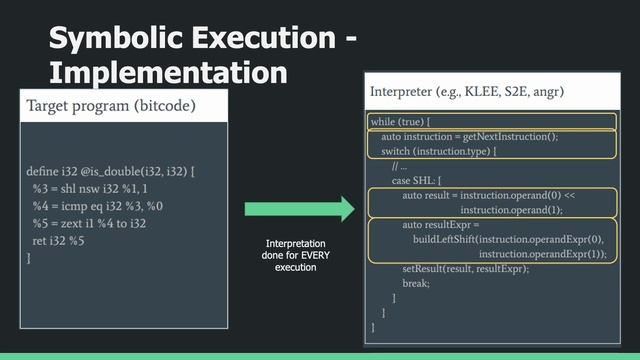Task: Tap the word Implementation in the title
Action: click(x=168, y=72)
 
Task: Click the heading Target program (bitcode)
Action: click(x=111, y=105)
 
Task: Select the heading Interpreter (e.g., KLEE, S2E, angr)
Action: click(x=467, y=92)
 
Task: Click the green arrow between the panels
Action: click(x=300, y=209)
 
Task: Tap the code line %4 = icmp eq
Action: click(x=97, y=206)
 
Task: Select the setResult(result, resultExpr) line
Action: click(x=465, y=269)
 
